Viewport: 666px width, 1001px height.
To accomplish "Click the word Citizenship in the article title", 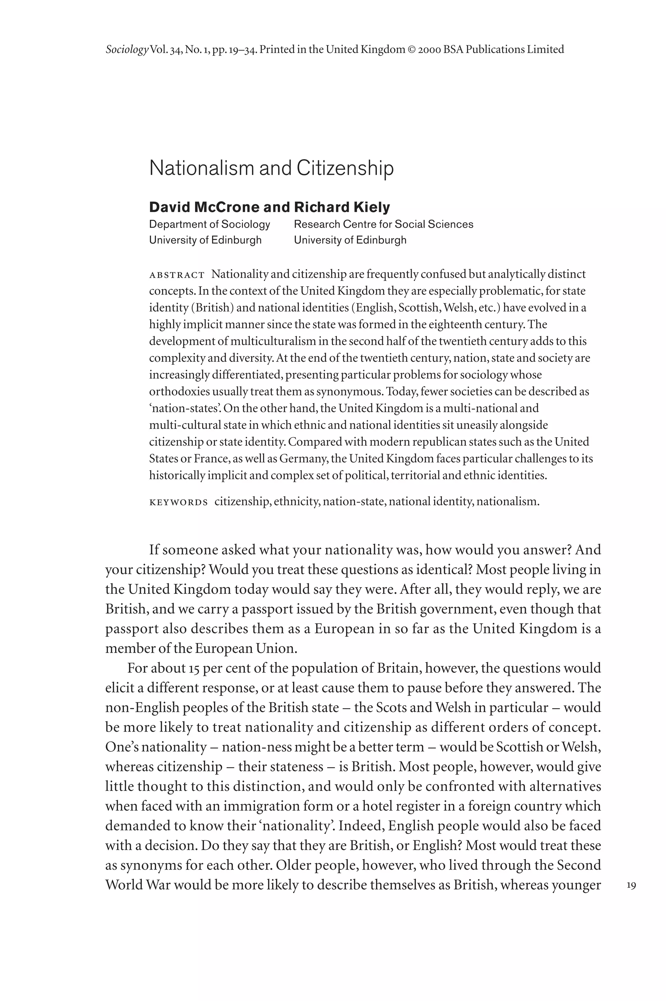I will coord(345,168).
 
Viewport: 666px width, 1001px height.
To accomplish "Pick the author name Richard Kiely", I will coord(342,207).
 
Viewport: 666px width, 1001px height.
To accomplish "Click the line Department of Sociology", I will coord(209,224).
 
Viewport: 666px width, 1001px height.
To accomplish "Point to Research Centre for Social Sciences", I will coord(383,224).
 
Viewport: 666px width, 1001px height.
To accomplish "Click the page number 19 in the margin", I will coord(631,886).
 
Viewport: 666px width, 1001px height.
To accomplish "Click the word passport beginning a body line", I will coord(132,629).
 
